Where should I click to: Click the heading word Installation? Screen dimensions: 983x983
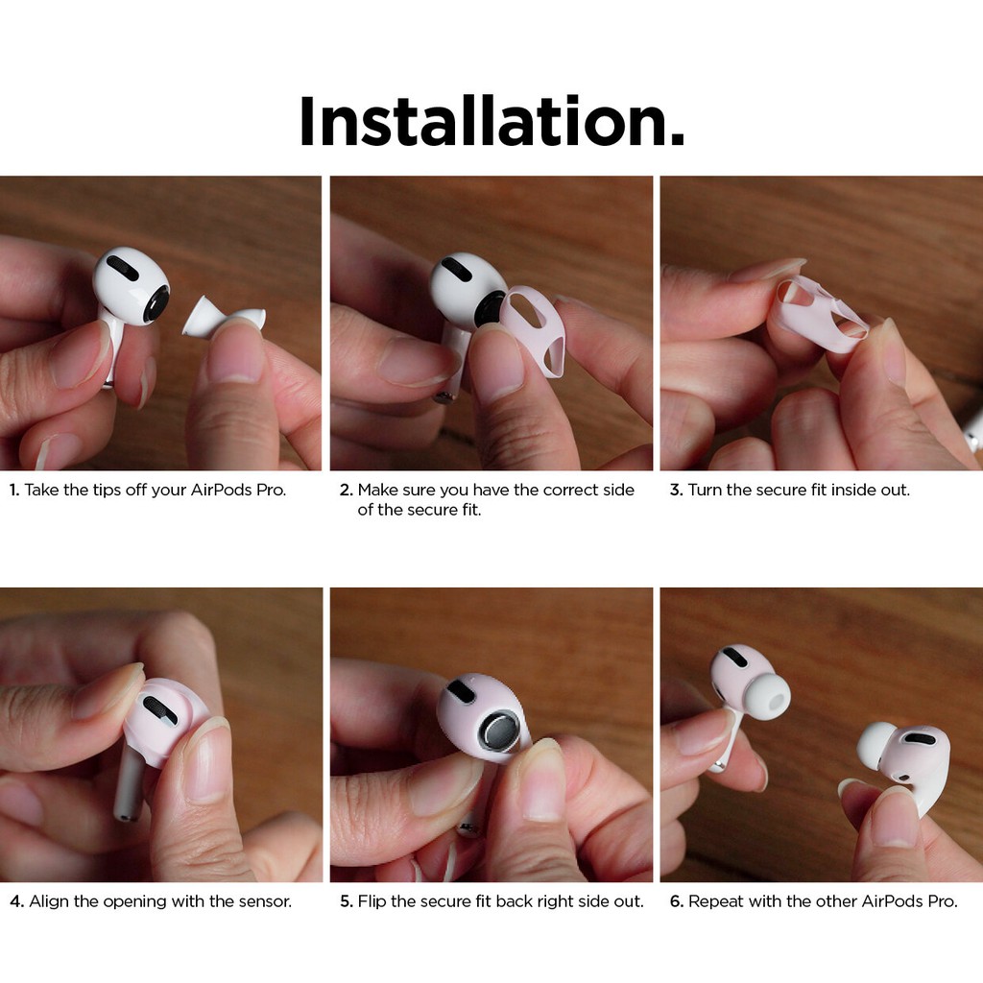(x=491, y=123)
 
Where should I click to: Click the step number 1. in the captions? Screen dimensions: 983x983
(x=14, y=491)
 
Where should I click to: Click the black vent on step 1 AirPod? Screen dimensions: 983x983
(x=122, y=269)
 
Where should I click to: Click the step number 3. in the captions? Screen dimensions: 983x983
(x=676, y=491)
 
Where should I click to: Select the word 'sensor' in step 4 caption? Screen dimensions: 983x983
(x=265, y=902)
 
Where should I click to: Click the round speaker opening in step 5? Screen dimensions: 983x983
(x=498, y=732)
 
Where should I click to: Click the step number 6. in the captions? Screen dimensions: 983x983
(x=676, y=902)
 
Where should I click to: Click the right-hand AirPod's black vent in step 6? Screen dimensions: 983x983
(x=919, y=738)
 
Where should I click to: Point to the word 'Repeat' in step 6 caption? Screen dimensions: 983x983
(x=714, y=902)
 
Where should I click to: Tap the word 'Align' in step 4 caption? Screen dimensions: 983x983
(x=49, y=902)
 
